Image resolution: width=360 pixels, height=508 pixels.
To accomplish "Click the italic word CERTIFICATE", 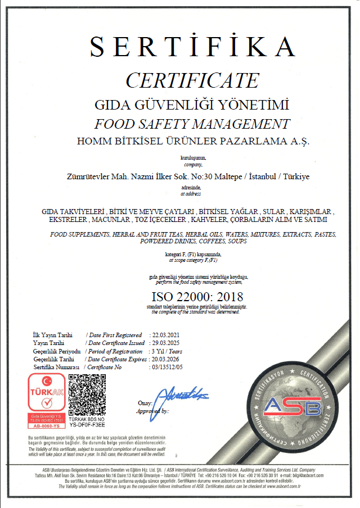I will tap(192, 80).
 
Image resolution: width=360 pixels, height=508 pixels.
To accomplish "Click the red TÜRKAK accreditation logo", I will tap(46, 396).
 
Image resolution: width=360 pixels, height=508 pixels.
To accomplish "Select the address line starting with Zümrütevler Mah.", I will tap(188, 176).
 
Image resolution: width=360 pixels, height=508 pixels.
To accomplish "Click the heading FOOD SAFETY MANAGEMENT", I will tap(192, 124).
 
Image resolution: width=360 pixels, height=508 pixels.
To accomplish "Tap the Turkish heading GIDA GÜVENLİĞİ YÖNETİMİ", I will tap(192, 105).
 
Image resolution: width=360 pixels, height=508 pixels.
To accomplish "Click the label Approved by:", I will tap(152, 411).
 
